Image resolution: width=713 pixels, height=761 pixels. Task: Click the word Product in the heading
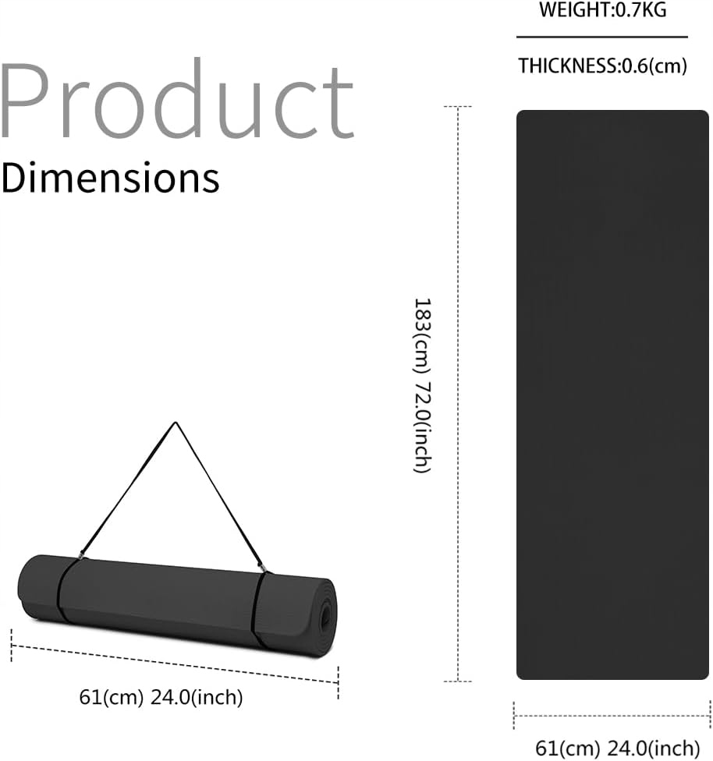point(177,100)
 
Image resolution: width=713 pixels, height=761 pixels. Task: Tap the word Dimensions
point(110,178)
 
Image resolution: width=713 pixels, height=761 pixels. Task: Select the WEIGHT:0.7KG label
point(603,10)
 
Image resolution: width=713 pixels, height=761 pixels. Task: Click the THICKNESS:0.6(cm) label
point(603,65)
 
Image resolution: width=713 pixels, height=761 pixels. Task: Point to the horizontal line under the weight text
point(602,37)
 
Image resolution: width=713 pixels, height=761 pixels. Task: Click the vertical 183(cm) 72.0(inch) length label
point(422,385)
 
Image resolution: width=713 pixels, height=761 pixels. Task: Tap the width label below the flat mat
point(617,748)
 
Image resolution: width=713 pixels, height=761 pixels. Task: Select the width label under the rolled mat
point(161,697)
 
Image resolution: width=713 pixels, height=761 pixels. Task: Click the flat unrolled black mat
point(612,395)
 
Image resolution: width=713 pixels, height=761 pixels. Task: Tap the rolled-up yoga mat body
point(177,607)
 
